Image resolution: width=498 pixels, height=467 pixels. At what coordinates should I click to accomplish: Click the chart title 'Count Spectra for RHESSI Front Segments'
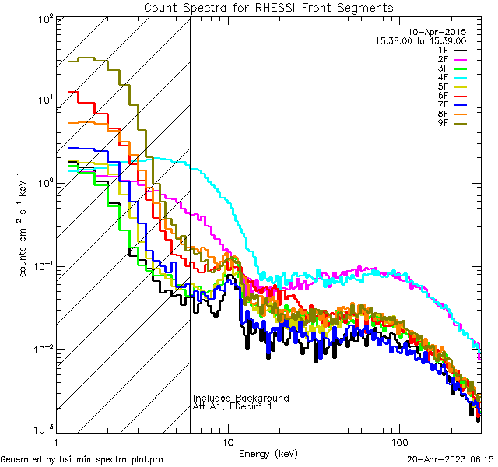(x=268, y=7)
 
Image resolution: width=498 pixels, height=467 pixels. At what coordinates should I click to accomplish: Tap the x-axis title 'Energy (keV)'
(x=268, y=454)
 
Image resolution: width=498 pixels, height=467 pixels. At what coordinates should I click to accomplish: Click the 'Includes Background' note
(x=241, y=398)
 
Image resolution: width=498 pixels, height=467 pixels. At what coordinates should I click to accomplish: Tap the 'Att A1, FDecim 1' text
(x=233, y=406)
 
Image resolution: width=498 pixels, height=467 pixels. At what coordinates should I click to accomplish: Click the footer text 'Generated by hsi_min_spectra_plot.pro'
(x=82, y=459)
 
